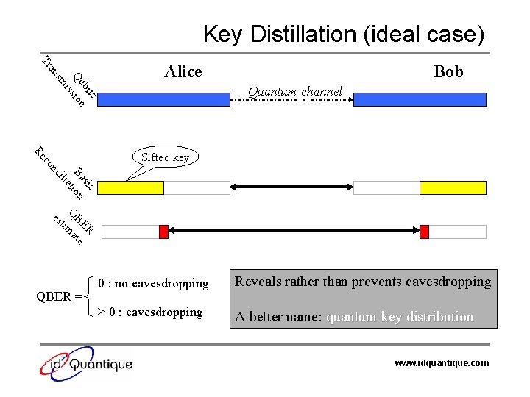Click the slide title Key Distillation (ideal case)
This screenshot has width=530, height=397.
[344, 34]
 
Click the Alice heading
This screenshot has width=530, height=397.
[183, 71]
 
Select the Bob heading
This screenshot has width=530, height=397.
[448, 71]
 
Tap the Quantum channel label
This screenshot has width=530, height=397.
[295, 91]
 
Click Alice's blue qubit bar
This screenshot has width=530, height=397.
[163, 100]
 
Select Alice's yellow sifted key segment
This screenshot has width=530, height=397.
[131, 187]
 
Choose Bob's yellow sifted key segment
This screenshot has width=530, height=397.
[453, 187]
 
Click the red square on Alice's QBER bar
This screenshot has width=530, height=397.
[163, 232]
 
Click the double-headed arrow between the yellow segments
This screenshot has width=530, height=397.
[291, 187]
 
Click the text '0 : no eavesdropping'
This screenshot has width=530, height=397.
[153, 283]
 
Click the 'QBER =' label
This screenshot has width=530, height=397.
[60, 297]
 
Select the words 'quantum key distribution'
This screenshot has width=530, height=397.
[400, 317]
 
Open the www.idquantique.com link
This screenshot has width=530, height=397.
[442, 363]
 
